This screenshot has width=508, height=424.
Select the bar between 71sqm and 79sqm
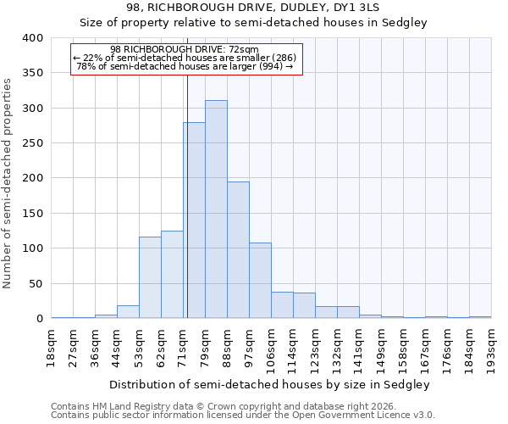[194, 220]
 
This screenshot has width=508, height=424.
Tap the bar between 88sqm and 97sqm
[238, 250]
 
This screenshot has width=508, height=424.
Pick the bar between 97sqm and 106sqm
[260, 281]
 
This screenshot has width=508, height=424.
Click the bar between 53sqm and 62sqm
[150, 277]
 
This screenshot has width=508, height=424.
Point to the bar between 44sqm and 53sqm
[128, 311]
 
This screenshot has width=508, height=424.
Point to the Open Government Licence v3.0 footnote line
[243, 416]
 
